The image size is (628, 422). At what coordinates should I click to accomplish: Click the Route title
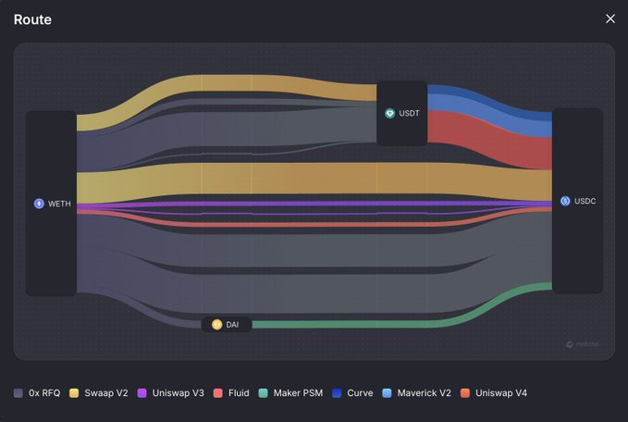(32, 19)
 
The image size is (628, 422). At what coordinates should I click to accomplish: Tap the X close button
(610, 19)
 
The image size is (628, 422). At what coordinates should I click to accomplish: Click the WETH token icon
(39, 204)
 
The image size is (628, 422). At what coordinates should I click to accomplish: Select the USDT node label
(409, 114)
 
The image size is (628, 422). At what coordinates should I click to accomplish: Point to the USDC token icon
(565, 201)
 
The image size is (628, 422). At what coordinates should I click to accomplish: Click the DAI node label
(232, 325)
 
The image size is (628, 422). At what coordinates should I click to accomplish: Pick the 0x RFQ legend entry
(38, 393)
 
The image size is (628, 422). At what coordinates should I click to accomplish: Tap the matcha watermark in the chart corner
(583, 344)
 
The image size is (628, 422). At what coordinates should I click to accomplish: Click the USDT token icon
(390, 114)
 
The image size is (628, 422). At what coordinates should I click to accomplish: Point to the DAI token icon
(216, 325)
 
